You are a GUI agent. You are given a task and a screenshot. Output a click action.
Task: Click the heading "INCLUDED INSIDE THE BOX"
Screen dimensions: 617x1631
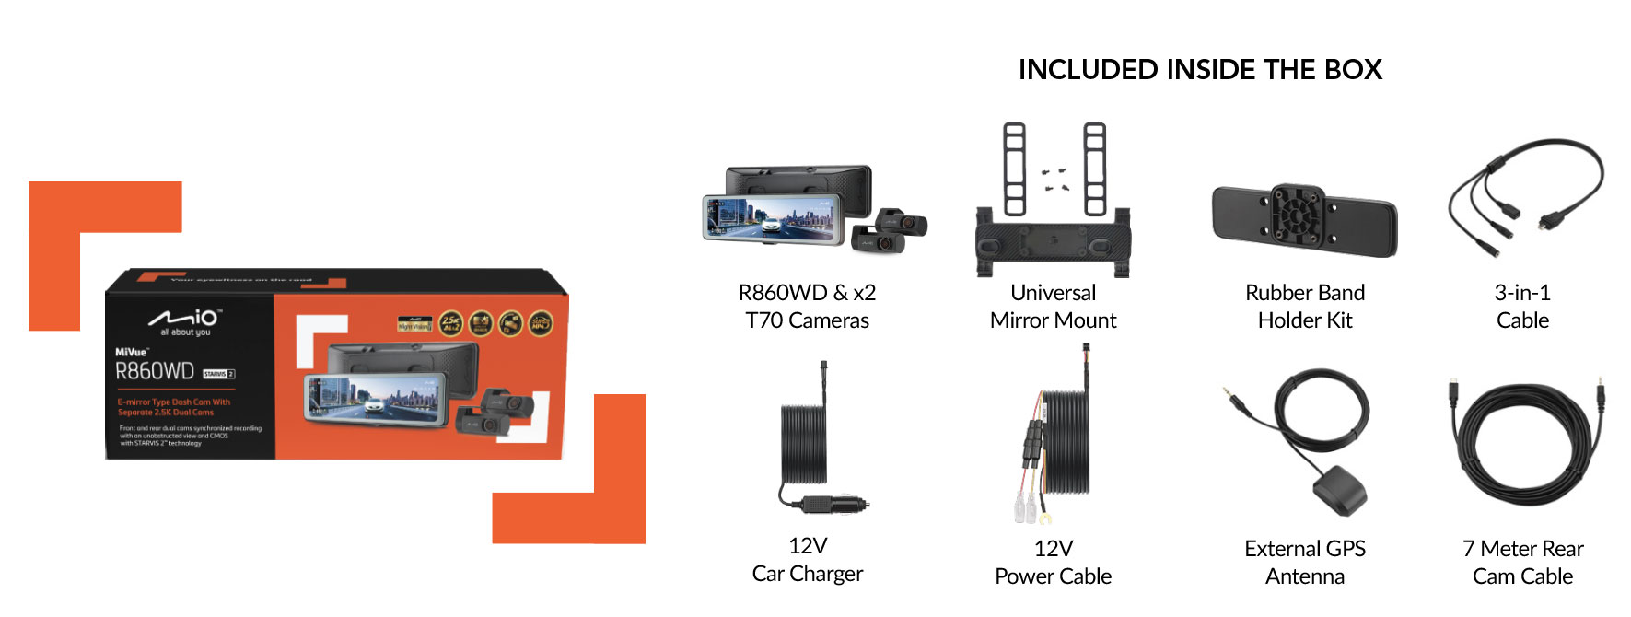[1199, 70]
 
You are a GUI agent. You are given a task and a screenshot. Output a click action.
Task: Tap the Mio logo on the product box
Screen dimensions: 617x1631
[185, 320]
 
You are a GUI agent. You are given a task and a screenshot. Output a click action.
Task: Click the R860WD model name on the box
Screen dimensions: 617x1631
[155, 371]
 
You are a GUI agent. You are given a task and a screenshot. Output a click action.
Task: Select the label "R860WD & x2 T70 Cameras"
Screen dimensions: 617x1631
[807, 307]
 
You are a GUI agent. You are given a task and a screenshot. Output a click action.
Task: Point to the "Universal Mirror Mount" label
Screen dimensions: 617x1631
[1053, 307]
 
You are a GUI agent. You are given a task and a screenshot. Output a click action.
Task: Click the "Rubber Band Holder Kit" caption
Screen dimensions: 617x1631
[1304, 307]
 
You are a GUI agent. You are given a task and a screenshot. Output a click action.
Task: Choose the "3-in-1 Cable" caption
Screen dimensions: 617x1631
[1521, 307]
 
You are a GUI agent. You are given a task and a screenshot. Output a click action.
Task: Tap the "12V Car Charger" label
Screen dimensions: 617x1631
[807, 560]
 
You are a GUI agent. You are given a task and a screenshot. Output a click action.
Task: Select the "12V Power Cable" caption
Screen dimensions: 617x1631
[1053, 563]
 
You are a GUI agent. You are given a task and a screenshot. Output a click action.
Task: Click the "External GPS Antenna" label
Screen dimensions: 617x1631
[1304, 563]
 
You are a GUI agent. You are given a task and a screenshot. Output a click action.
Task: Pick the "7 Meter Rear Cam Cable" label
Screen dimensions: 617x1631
[1521, 563]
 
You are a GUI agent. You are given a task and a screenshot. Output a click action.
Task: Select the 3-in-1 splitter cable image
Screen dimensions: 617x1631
[1524, 193]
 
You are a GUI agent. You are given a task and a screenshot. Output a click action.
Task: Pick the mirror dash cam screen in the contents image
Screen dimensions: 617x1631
[772, 219]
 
